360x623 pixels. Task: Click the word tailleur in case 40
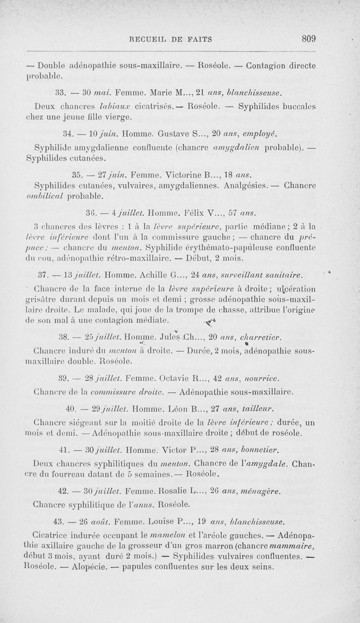(x=258, y=409)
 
